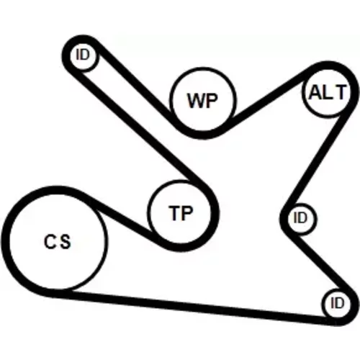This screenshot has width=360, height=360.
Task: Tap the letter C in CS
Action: click(x=50, y=241)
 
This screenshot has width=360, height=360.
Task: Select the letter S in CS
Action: click(x=65, y=241)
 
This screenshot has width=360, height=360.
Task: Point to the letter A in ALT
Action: click(x=315, y=93)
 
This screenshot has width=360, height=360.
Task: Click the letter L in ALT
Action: click(x=327, y=93)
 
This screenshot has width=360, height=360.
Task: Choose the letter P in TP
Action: click(x=187, y=213)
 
